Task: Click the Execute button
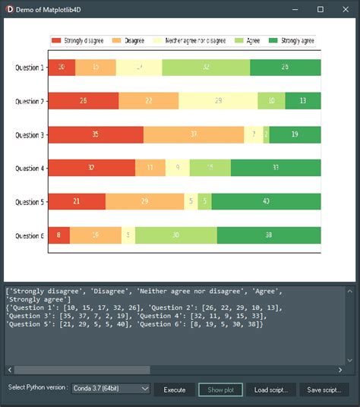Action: (175, 368)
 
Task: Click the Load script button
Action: (270, 368)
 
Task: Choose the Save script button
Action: (324, 368)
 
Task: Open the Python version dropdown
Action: (111, 368)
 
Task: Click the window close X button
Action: (345, 8)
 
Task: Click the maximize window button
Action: (321, 8)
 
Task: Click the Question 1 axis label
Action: (30, 68)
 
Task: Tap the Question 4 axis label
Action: (30, 169)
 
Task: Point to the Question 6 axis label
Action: (30, 235)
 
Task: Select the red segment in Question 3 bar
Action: (96, 134)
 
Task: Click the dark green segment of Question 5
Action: (266, 201)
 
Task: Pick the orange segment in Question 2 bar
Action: (149, 100)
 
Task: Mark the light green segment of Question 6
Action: (176, 235)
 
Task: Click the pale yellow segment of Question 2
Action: (219, 100)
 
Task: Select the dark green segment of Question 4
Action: (276, 168)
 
